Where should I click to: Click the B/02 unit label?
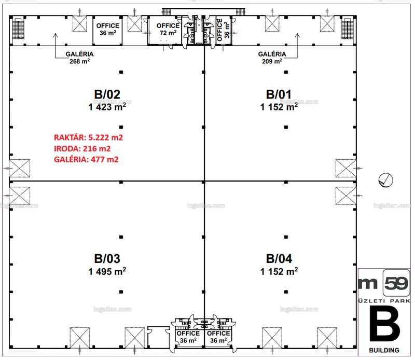point(107,94)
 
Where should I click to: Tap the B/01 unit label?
point(279,94)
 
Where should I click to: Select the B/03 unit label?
point(107,259)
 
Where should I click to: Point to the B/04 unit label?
point(279,259)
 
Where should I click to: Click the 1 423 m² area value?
point(107,107)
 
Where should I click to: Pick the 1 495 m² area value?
point(107,271)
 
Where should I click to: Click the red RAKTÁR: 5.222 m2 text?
point(88,137)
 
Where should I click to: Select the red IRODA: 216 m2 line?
point(82,148)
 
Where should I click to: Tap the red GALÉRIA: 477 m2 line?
point(86,159)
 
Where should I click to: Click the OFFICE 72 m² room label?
point(168,29)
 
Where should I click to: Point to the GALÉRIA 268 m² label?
point(80,58)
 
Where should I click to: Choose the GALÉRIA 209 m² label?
point(272,58)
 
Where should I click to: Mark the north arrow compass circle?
point(385,180)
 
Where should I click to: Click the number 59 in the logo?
point(396,284)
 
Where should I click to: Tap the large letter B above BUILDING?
point(384,324)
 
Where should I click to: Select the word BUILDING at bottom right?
point(384,350)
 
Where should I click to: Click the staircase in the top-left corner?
point(18,29)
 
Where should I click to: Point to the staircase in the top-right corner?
point(347,29)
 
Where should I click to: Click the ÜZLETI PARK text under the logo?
point(384,301)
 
